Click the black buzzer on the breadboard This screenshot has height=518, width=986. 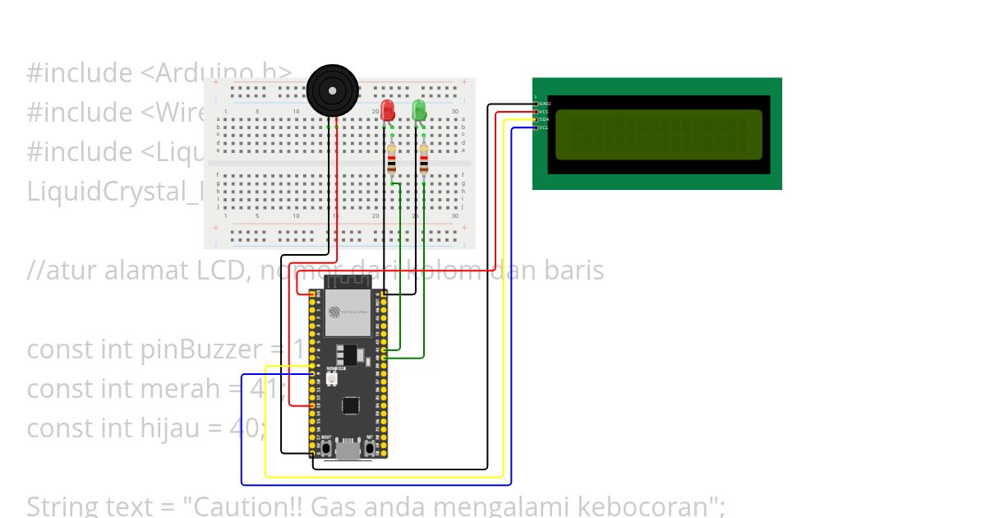pyautogui.click(x=333, y=90)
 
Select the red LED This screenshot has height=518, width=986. pyautogui.click(x=388, y=110)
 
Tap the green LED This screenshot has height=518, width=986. pyautogui.click(x=419, y=110)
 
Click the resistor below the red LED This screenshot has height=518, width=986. pyautogui.click(x=391, y=160)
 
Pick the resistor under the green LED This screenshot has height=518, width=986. pyautogui.click(x=423, y=160)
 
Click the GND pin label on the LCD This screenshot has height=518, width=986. pyautogui.click(x=545, y=104)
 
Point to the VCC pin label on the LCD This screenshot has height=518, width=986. pyautogui.click(x=545, y=111)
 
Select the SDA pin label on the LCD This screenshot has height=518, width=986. pyautogui.click(x=545, y=119)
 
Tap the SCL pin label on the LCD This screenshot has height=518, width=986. pyautogui.click(x=545, y=127)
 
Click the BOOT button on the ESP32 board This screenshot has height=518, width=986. pyautogui.click(x=326, y=448)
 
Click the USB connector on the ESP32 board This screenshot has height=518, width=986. pyautogui.click(x=348, y=451)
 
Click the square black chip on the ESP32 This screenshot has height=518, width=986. pyautogui.click(x=351, y=405)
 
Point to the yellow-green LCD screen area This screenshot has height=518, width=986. pyautogui.click(x=658, y=134)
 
